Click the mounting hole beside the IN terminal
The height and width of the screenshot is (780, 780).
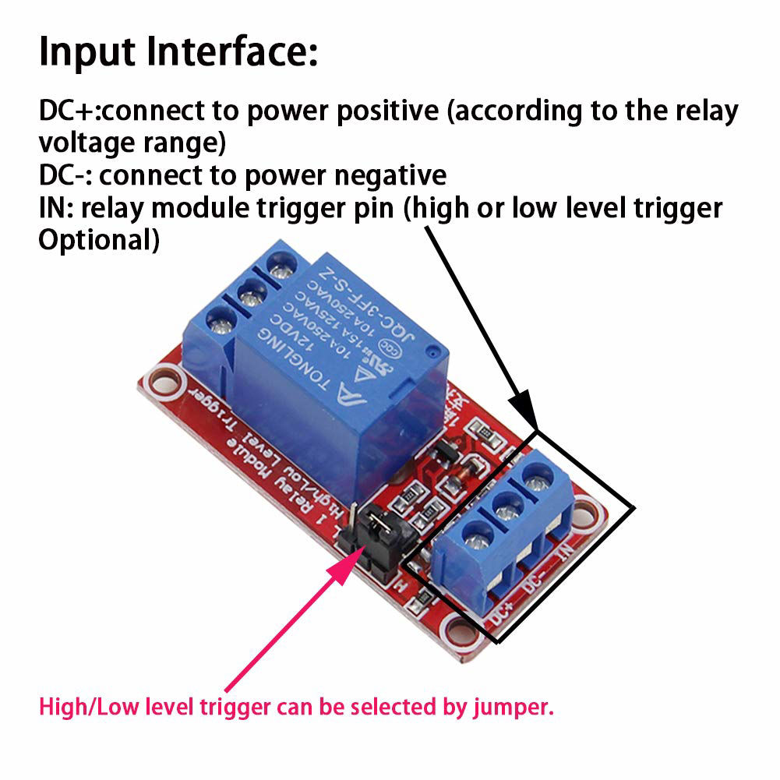click(x=595, y=515)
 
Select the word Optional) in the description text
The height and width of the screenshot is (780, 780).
click(x=99, y=240)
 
